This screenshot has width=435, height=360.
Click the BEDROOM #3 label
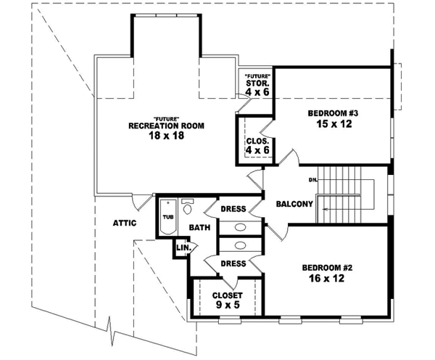tap(333, 112)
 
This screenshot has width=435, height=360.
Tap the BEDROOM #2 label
tap(327, 267)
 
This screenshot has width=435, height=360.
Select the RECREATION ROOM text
tap(166, 126)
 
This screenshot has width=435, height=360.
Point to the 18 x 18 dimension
tap(166, 136)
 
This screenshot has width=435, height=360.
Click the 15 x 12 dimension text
tap(333, 124)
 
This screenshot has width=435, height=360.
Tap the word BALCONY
tap(294, 204)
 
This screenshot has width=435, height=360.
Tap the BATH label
tap(199, 228)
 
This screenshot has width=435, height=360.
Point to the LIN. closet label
tap(183, 248)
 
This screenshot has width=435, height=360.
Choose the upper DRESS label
tap(233, 210)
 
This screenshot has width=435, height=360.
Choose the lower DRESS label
tap(233, 263)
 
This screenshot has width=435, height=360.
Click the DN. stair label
tap(314, 179)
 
